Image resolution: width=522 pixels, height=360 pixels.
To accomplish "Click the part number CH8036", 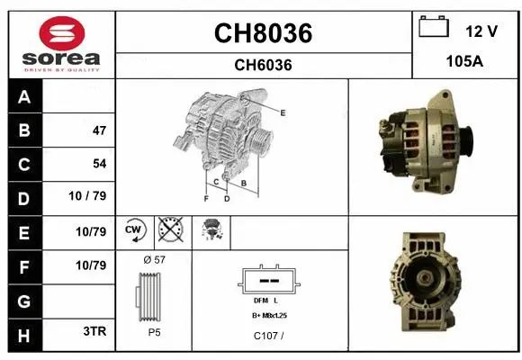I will (263, 33).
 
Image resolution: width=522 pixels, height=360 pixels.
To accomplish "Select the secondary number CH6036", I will (263, 65).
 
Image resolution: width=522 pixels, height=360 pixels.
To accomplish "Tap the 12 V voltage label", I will (481, 31).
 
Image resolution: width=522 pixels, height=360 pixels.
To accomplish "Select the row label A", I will (23, 97).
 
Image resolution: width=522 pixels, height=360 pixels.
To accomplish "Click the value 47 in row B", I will (99, 130).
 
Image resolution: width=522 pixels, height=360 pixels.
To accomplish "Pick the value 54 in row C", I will (99, 164).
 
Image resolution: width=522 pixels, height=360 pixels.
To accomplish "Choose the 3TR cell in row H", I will (94, 331).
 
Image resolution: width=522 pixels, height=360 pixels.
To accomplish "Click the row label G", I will (23, 298).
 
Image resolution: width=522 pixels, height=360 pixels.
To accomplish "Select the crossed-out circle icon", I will (169, 231).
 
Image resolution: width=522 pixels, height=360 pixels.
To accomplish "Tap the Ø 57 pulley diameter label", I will (154, 259).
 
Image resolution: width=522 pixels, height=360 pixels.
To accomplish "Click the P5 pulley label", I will (154, 331).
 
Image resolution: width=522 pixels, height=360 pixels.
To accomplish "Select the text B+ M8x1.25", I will (269, 316).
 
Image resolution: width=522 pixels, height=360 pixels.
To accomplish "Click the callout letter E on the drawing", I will (282, 112).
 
